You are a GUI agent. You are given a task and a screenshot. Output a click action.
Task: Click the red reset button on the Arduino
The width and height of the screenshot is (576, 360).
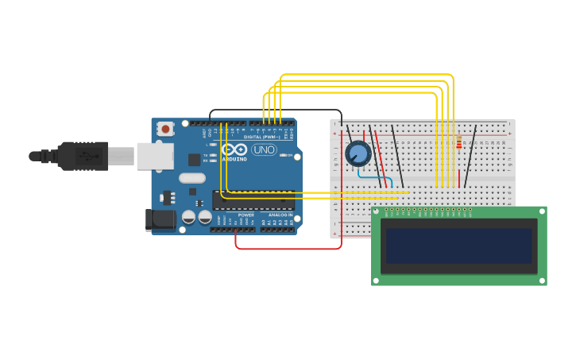[165, 129]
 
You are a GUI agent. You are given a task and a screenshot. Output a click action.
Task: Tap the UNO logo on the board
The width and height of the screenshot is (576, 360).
[264, 149]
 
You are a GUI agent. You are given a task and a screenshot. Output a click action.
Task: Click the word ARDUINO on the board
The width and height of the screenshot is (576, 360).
[234, 159]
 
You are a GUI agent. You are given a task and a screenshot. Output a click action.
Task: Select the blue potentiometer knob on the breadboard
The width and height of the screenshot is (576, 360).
[358, 153]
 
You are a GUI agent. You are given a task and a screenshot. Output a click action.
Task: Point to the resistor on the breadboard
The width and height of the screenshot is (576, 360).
[459, 142]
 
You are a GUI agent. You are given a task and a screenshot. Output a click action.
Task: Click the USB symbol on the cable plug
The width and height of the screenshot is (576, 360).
[83, 157]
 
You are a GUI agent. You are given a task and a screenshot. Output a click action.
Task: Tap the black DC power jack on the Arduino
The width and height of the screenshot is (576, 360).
[160, 219]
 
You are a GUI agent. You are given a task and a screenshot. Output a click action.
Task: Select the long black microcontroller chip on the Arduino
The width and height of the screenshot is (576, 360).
[253, 200]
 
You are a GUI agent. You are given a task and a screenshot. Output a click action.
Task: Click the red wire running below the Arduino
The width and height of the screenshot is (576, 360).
[286, 249]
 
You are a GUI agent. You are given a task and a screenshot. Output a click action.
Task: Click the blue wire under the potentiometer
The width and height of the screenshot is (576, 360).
[373, 176]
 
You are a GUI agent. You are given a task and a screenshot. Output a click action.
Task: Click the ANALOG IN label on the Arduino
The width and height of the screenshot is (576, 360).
[279, 215]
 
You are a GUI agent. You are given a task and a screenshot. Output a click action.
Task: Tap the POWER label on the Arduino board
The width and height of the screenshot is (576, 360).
[246, 215]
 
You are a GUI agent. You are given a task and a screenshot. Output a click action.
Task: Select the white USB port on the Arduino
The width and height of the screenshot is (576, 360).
[155, 157]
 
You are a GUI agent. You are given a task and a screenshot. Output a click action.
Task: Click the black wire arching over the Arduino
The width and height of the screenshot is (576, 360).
[275, 110]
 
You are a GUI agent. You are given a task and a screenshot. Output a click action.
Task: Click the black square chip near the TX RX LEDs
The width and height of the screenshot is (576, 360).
[194, 159]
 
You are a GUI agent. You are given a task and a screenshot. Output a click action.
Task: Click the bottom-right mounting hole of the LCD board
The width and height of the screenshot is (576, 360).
[540, 279]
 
